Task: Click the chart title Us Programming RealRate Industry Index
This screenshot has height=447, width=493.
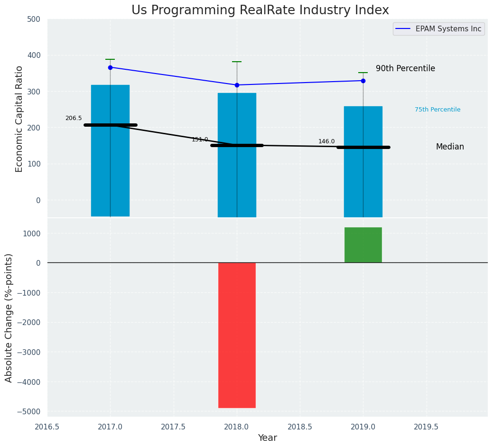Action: tap(260, 10)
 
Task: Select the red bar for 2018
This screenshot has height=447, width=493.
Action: tap(237, 335)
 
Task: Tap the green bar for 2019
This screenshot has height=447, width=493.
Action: tap(363, 245)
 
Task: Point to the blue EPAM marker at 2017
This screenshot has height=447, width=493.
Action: tap(110, 67)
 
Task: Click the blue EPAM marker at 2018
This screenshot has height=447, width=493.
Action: tap(237, 85)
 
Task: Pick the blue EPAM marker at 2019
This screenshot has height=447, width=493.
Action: tap(363, 81)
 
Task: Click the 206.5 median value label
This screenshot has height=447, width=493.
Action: tap(74, 118)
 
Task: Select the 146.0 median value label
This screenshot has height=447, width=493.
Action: tap(326, 141)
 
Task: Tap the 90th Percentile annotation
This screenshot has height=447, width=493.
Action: tap(405, 69)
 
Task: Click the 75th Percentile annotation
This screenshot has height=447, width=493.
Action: tap(437, 110)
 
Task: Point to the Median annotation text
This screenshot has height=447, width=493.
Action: tap(450, 147)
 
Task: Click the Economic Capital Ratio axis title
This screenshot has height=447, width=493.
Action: tap(19, 119)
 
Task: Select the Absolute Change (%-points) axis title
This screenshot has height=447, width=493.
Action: tap(9, 317)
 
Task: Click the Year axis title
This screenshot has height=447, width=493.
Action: tap(268, 438)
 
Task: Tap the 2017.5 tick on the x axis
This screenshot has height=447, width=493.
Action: tap(173, 427)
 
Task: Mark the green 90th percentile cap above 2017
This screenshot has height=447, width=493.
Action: tap(110, 59)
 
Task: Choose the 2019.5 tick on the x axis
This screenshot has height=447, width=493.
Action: tap(426, 427)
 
